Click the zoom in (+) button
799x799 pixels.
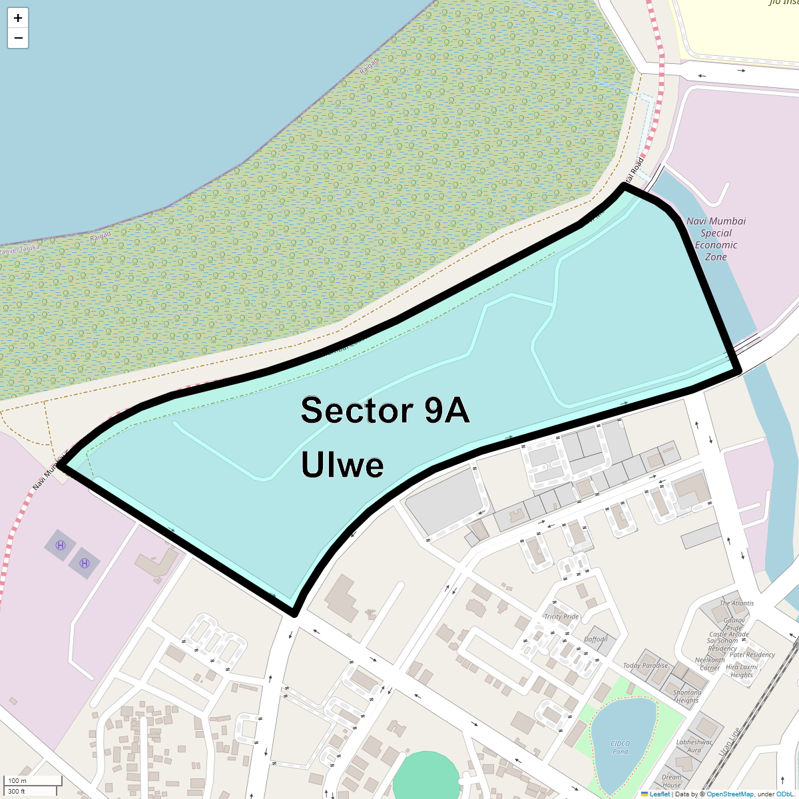pos(18,18)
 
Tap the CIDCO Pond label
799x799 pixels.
pos(620,748)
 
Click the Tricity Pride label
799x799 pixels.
pos(561,617)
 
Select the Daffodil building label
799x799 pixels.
pos(596,639)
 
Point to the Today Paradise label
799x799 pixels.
pos(645,665)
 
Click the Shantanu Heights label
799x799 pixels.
pos(686,696)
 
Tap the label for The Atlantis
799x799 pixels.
pos(736,603)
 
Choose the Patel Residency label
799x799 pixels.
pos(752,655)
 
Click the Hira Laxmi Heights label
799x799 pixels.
pos(742,670)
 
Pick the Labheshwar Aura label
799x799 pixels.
pos(694,746)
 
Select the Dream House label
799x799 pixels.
pos(671,781)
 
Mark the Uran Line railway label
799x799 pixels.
pos(729,741)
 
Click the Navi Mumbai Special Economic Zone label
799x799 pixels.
pos(716,238)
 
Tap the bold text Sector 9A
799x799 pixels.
pos(385,410)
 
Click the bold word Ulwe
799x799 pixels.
pos(342,464)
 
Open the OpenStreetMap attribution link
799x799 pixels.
pos(730,794)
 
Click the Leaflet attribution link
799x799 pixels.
pos(659,794)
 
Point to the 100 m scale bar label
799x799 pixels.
pos(18,780)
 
